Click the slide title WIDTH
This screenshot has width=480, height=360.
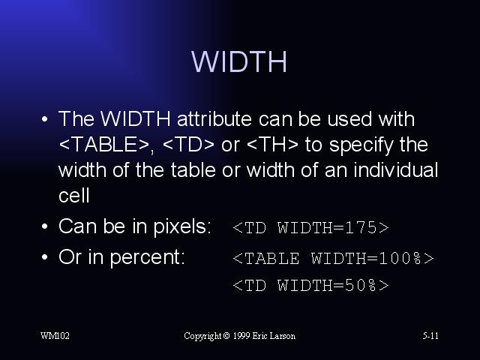coord(239,61)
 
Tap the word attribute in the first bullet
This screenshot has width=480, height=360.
coord(214,118)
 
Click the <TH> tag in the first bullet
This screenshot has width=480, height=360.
coord(272,144)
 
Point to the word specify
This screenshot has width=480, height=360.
coord(361,145)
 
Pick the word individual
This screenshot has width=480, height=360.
coord(396,170)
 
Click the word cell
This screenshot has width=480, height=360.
coord(74,195)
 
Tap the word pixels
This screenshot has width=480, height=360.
coord(181,227)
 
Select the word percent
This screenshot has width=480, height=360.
coord(148,258)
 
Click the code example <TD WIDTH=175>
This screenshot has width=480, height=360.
coord(310,227)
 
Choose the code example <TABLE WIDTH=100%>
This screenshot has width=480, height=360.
coord(333,258)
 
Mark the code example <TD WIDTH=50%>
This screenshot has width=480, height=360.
coord(310,285)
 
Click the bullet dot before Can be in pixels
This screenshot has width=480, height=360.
coord(45,226)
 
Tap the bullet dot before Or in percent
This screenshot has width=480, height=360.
coord(45,256)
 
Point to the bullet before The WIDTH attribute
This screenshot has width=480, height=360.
coord(45,118)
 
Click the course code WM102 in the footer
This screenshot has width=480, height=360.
coord(55,336)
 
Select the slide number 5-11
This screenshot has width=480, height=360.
coord(430,336)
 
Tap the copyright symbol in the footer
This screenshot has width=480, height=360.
coord(226,336)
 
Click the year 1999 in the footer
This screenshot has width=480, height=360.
coord(241,336)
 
